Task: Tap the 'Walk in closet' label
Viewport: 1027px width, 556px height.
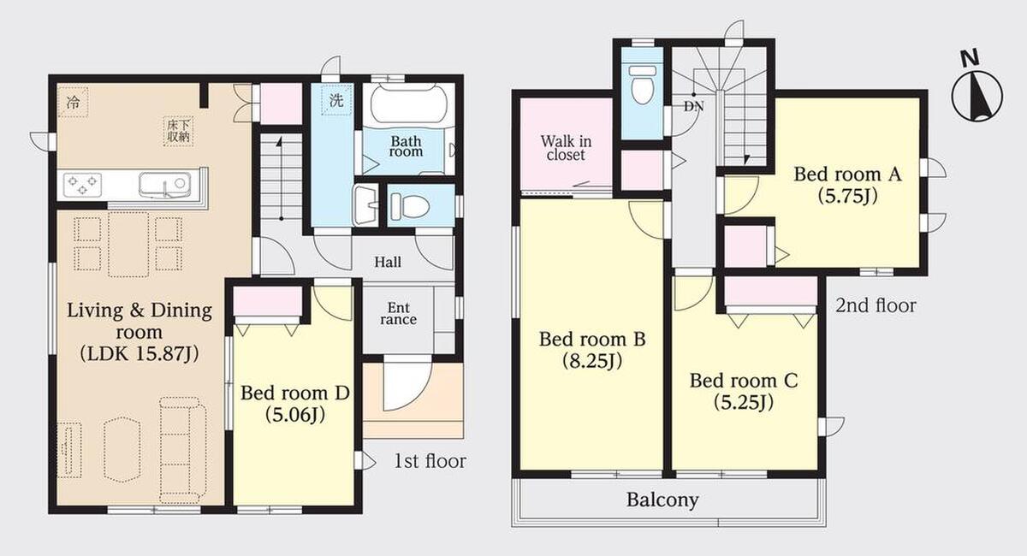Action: tap(566, 148)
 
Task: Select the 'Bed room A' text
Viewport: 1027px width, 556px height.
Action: tap(848, 174)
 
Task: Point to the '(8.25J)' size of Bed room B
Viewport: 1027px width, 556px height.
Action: tap(592, 362)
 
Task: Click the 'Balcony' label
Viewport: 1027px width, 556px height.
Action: tap(662, 500)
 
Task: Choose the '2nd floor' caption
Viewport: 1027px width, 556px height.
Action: tap(876, 305)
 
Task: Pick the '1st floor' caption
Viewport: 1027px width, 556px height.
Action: tap(430, 461)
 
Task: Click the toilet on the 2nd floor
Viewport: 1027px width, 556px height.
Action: tap(643, 85)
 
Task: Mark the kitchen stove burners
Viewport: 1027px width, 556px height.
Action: tap(82, 185)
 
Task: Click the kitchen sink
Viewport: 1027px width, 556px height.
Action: tap(164, 185)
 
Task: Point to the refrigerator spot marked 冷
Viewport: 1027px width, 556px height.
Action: tap(73, 102)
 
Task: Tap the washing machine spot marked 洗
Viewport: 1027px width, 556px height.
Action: tap(336, 100)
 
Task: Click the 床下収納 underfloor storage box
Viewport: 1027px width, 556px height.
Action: tap(178, 131)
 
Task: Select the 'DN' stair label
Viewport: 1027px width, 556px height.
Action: tap(694, 106)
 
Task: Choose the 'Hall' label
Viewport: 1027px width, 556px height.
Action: tap(388, 263)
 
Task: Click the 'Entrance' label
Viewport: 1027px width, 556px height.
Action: tap(398, 314)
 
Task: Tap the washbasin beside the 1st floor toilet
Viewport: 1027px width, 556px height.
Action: tap(365, 205)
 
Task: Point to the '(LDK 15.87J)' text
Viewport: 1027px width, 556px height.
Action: tap(140, 354)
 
